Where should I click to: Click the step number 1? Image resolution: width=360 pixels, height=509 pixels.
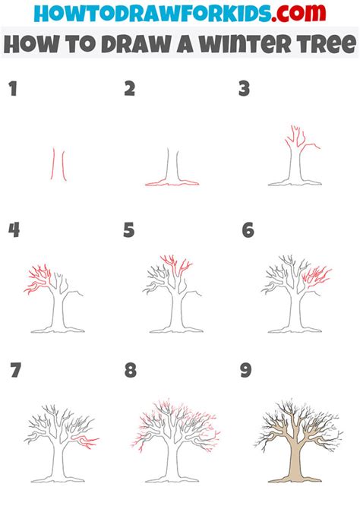tap(12, 90)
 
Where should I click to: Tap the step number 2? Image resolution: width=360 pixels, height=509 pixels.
tap(130, 90)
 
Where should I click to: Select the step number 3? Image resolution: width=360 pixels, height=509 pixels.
tap(244, 90)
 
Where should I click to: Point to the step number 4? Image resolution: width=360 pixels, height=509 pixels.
tap(13, 230)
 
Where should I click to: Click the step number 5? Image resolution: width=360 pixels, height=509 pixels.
tap(129, 230)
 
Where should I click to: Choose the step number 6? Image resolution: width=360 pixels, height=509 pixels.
tap(248, 230)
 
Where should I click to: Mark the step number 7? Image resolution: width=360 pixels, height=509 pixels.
tap(15, 371)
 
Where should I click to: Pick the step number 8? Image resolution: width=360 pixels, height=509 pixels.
tap(130, 371)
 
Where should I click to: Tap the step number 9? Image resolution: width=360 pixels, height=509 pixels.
tap(245, 371)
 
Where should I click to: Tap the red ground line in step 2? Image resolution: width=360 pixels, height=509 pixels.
tap(174, 183)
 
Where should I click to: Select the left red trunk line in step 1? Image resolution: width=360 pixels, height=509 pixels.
tap(53, 164)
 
